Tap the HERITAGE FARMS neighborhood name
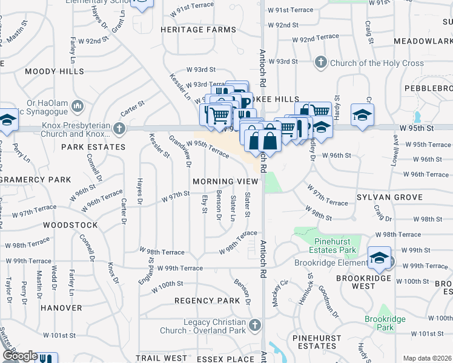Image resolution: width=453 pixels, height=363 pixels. [198, 30]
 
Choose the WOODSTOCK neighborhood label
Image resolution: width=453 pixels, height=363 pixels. [70, 225]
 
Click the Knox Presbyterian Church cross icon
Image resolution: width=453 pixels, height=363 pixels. [120, 128]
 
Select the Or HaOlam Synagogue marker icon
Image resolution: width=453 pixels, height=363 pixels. [78, 107]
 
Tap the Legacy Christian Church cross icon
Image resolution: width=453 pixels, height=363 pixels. [256, 325]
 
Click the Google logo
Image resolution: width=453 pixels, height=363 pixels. [19, 356]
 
